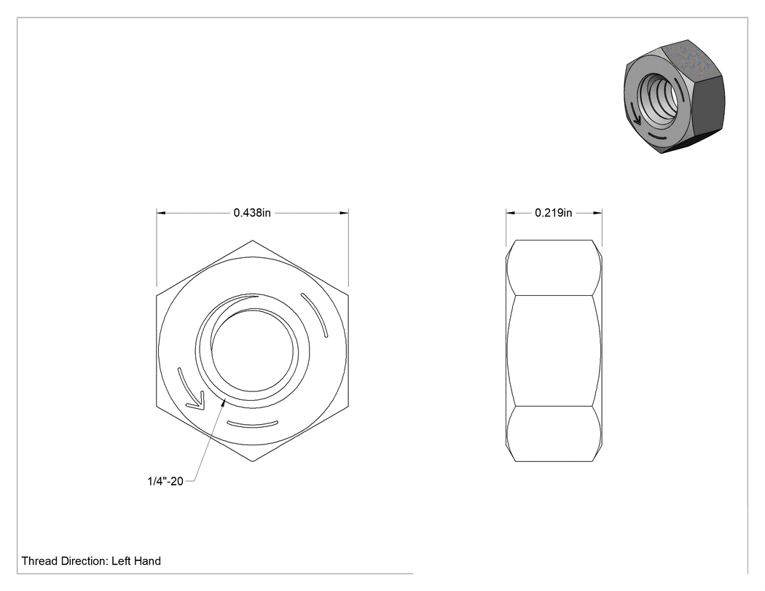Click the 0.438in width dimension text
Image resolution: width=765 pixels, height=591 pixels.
tap(252, 213)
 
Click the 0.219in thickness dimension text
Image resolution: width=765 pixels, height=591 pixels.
tap(553, 213)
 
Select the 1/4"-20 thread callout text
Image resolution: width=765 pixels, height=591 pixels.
tap(165, 481)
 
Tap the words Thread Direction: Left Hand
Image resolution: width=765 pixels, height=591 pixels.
tap(91, 561)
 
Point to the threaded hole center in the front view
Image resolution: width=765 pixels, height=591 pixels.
tap(253, 351)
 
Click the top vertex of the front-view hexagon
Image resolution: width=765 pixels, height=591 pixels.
tap(252, 240)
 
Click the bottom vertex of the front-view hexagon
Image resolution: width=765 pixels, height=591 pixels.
tap(252, 461)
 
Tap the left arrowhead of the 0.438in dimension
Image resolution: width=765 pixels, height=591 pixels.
tap(161, 214)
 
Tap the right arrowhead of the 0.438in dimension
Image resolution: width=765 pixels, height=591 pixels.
tap(344, 214)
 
